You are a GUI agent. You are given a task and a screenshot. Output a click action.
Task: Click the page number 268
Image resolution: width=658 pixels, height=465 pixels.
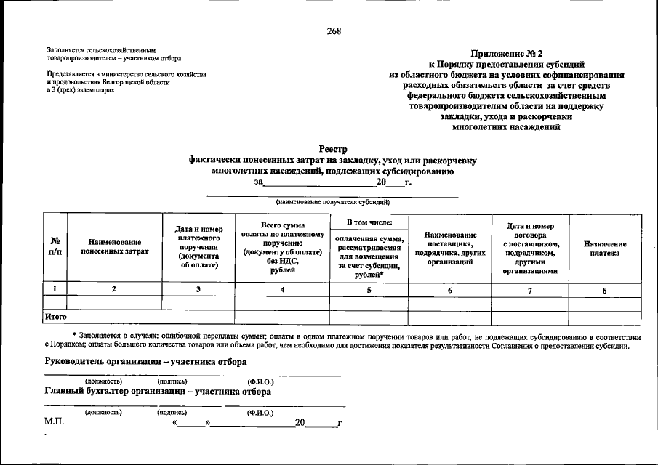334,31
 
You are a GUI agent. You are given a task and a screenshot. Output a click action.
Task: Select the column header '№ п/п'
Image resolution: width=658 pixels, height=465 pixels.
55,246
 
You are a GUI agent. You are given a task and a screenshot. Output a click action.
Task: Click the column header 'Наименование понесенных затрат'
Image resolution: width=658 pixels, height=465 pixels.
114,246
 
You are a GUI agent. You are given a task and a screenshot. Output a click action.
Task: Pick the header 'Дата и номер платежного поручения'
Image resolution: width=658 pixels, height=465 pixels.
198,247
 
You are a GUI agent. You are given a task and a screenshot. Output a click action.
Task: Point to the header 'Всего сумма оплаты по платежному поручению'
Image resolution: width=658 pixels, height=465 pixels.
282,247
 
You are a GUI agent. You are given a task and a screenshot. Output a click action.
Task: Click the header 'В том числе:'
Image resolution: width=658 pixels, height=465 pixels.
369,222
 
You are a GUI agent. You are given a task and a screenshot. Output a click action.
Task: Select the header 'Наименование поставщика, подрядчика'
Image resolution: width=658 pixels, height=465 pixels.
450,248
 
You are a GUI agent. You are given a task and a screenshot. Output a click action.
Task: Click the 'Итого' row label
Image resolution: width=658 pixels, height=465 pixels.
56,317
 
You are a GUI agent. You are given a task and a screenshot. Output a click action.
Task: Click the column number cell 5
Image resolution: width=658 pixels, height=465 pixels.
369,290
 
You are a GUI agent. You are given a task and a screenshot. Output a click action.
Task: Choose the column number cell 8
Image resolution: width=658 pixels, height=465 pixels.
605,290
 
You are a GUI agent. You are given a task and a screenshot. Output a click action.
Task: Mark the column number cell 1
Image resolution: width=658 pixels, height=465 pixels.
55,289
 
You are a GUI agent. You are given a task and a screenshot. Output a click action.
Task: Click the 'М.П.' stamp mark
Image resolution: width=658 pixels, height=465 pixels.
55,422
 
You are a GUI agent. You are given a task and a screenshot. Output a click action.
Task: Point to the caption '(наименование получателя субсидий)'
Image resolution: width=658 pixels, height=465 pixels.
333,202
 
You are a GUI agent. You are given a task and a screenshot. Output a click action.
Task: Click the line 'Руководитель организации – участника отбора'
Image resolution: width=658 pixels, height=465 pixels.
145,362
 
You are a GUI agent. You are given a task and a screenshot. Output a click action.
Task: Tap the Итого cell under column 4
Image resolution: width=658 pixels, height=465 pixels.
282,318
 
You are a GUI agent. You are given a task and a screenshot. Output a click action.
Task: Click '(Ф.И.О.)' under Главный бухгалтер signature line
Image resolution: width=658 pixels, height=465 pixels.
260,412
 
